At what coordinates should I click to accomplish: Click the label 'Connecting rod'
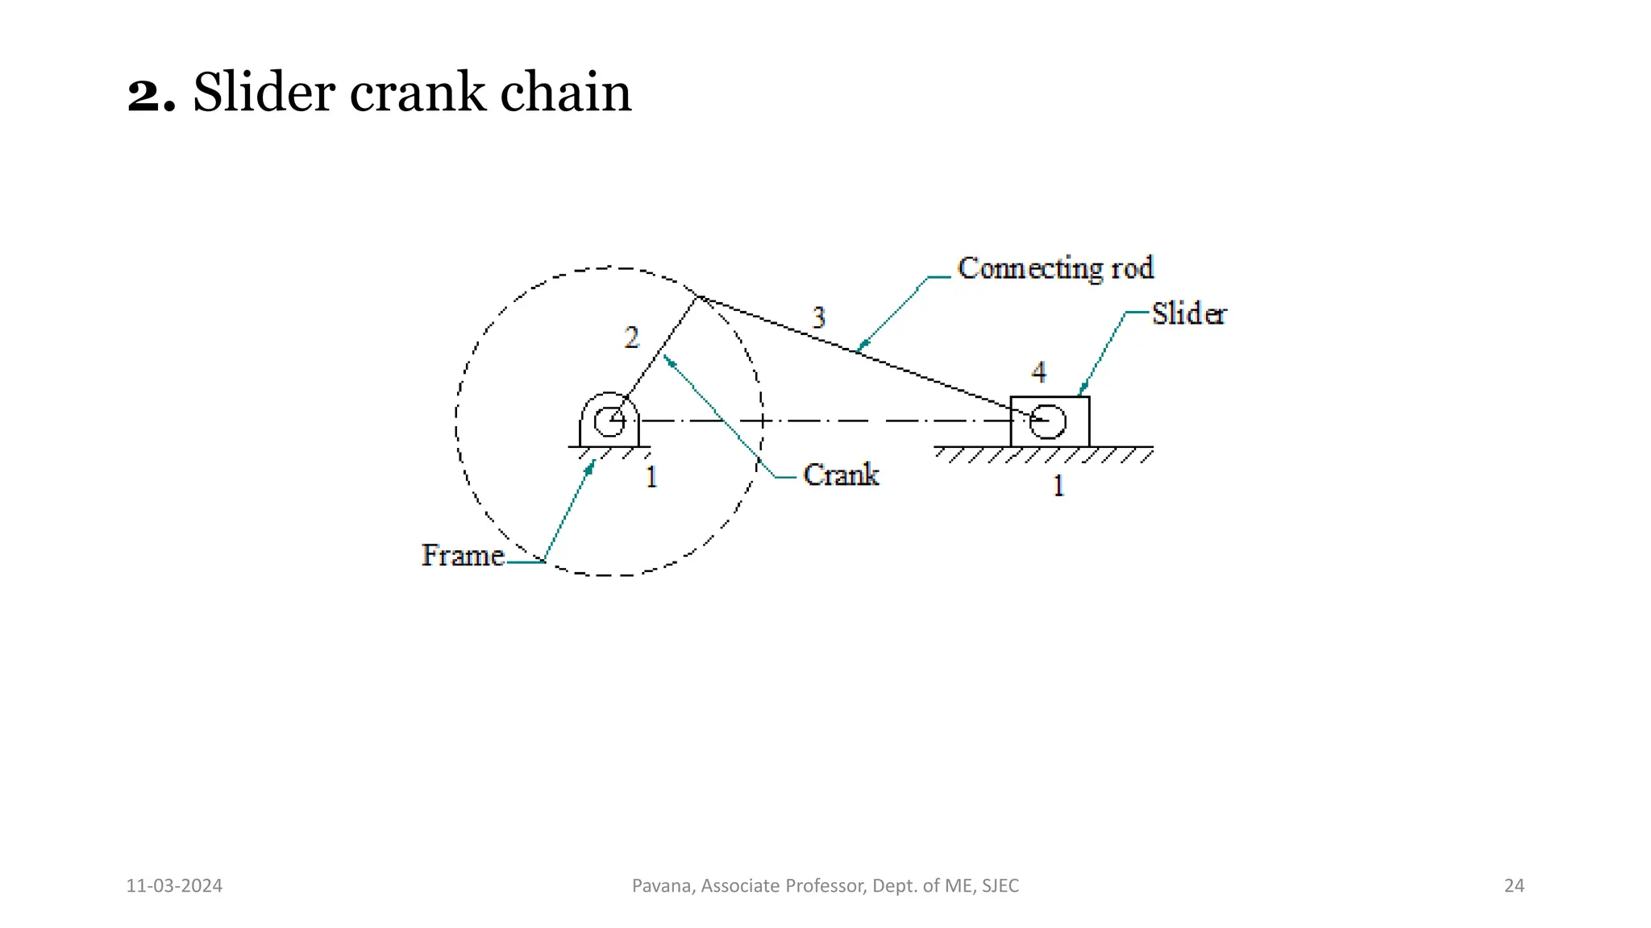click(1055, 268)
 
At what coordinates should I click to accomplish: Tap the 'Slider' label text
click(1188, 313)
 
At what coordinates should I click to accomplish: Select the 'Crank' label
click(841, 474)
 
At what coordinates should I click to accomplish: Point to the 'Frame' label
click(463, 555)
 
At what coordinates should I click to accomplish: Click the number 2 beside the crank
click(631, 337)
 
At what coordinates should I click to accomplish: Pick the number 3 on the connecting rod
click(818, 317)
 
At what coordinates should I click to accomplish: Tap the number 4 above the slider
click(1038, 371)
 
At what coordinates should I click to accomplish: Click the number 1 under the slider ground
click(1058, 486)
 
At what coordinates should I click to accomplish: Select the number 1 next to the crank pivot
click(651, 477)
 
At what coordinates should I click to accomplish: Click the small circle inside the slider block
click(1048, 421)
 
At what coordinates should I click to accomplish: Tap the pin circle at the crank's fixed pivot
click(609, 420)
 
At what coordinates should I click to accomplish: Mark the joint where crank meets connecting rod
click(697, 296)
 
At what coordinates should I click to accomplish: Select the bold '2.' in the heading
click(151, 93)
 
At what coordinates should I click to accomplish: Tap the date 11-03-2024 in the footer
click(174, 886)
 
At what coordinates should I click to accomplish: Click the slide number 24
click(1514, 886)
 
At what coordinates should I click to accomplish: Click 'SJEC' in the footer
click(1000, 886)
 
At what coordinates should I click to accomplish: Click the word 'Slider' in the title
click(264, 91)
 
